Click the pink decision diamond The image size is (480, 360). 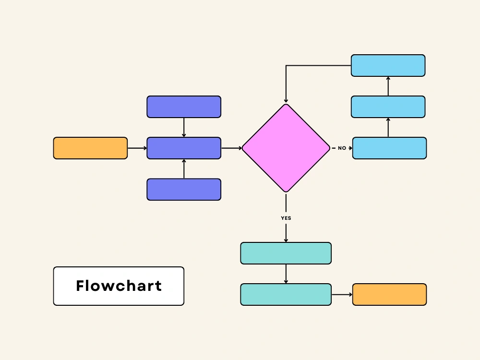coord(286,148)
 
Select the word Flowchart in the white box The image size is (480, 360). coord(119,286)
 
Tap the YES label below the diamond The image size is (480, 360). coord(286,218)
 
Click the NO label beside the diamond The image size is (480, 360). coord(342,148)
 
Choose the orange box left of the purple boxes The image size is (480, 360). coord(90,148)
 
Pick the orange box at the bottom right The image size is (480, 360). coord(389,294)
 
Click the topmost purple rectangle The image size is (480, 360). coord(184,107)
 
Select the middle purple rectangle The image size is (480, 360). coord(184,148)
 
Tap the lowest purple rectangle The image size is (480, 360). coord(184,189)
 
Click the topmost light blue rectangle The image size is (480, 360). coord(388,65)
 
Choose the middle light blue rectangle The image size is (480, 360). coord(388,107)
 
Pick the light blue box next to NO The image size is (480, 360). coord(389,148)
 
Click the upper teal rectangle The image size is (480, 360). coord(286,253)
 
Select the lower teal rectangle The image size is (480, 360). coord(286,294)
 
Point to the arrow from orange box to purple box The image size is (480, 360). coord(137,148)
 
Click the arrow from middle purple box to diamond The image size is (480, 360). coord(231,148)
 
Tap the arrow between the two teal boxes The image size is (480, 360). coord(286,274)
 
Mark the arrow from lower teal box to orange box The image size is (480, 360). coord(342,294)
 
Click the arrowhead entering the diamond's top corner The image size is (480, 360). coord(286,100)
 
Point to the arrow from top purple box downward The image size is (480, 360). coord(184,127)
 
